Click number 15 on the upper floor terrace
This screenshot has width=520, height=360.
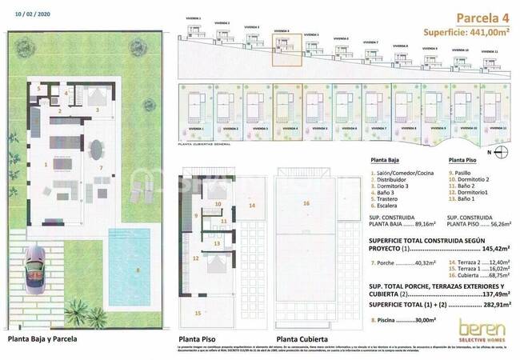(198, 313)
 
